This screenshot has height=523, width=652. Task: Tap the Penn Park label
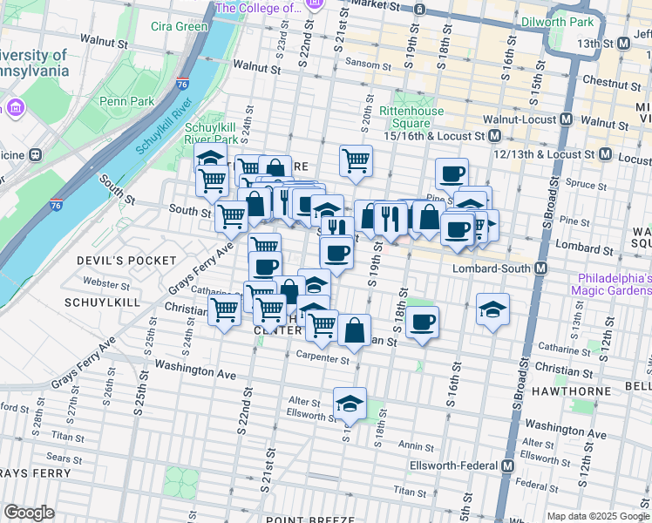tap(126, 102)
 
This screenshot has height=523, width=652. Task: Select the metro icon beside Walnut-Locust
tap(567, 119)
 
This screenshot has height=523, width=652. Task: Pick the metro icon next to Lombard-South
tap(541, 268)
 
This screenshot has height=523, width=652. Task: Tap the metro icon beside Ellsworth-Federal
tap(507, 465)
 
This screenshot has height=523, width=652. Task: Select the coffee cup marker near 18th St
tap(423, 323)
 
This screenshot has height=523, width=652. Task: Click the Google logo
tap(29, 513)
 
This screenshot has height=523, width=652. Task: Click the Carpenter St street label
tap(322, 357)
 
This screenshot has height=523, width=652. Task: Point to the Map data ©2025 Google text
tap(598, 516)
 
